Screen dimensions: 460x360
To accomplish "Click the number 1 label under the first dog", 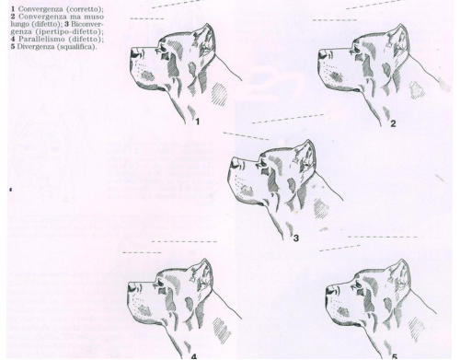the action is click(x=198, y=122).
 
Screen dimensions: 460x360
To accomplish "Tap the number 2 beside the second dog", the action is click(x=393, y=123).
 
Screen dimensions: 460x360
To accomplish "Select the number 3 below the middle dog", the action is click(x=296, y=238).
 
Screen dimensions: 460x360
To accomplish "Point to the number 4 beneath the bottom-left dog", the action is click(x=194, y=356).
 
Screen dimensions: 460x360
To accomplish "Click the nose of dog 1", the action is click(x=135, y=53).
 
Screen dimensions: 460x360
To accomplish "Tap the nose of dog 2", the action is click(x=323, y=54).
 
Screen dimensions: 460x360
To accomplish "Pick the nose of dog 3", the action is click(x=236, y=163).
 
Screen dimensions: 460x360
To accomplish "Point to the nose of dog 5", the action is click(x=330, y=290).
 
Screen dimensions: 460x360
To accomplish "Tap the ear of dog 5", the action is click(x=400, y=275).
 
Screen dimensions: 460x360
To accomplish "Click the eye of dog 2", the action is click(x=355, y=50).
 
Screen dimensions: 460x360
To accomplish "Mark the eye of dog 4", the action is click(x=161, y=283).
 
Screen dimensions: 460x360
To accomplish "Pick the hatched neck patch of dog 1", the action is click(x=220, y=94).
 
